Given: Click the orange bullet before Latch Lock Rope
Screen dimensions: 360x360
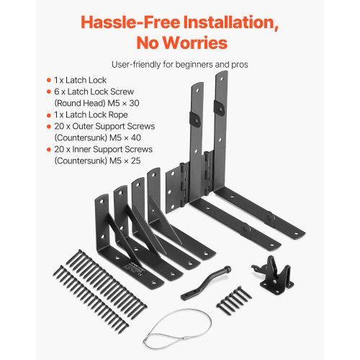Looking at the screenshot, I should (x=48, y=115).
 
